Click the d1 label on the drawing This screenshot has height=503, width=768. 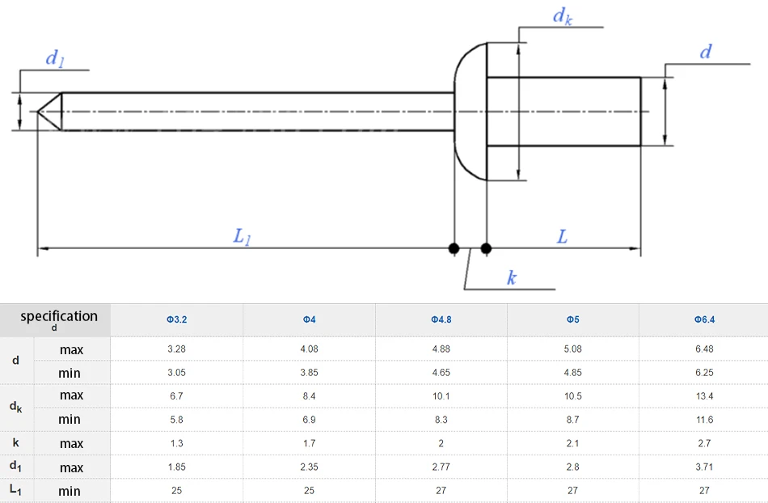[x=54, y=57]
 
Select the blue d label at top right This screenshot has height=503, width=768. [x=706, y=53]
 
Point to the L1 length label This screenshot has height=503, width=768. [x=242, y=237]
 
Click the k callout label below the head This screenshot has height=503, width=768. [x=512, y=278]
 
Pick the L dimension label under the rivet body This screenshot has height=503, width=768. [x=563, y=237]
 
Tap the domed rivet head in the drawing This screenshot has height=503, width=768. [x=470, y=111]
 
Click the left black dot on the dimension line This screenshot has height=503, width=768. [x=454, y=248]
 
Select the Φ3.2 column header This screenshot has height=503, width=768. [x=177, y=320]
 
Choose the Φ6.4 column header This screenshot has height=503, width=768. [x=704, y=320]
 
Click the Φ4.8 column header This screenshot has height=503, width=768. [x=441, y=320]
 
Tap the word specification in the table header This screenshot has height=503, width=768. [x=59, y=316]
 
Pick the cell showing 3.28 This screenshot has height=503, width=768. [x=177, y=349]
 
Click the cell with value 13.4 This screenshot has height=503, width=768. [x=704, y=396]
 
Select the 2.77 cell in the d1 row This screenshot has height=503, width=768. [x=441, y=467]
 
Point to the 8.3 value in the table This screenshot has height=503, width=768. [x=441, y=420]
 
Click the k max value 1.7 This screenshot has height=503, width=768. [x=309, y=443]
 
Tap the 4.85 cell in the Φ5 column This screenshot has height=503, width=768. [x=572, y=373]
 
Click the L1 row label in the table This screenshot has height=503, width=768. [x=16, y=489]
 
